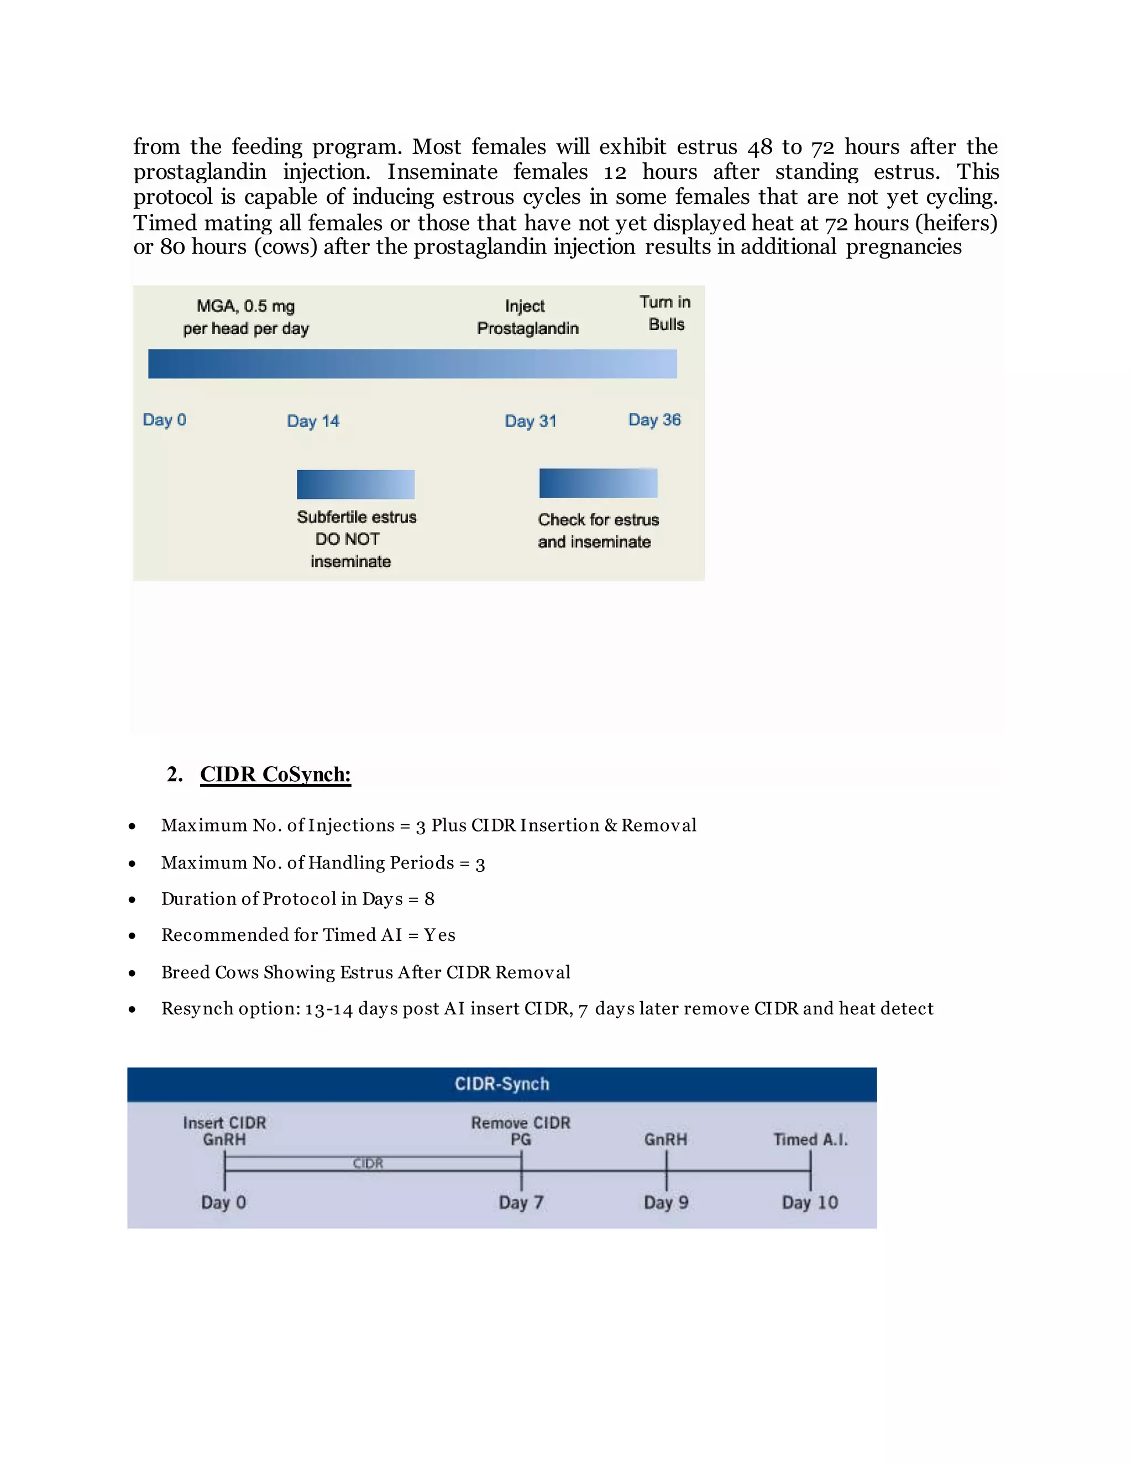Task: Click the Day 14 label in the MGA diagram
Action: tap(313, 421)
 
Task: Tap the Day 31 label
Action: tap(531, 421)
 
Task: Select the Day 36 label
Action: tap(654, 420)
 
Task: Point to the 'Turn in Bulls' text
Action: tap(665, 313)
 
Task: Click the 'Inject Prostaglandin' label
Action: tap(527, 317)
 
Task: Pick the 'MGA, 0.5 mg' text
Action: tap(245, 307)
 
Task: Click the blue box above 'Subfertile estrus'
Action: tap(355, 484)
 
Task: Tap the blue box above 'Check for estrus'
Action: tap(598, 483)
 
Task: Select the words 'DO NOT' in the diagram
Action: tap(347, 539)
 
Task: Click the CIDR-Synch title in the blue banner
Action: tap(502, 1084)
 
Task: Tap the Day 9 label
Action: tap(666, 1202)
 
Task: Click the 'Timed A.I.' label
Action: tap(810, 1140)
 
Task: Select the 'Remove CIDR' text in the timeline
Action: tap(520, 1123)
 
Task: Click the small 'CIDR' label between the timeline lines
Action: tap(368, 1163)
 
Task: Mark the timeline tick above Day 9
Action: tap(667, 1170)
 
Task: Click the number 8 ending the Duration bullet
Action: tap(430, 899)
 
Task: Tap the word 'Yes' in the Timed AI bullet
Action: tap(439, 935)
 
